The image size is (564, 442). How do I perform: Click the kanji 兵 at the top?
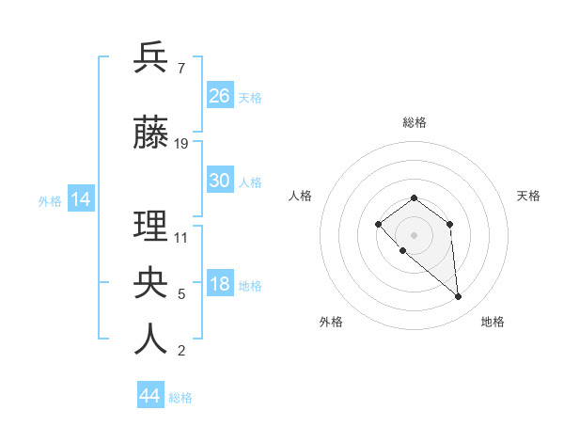(x=150, y=57)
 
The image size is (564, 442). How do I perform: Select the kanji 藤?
(x=150, y=134)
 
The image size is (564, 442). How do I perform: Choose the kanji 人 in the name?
(x=150, y=339)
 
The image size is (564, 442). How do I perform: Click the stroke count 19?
(x=181, y=144)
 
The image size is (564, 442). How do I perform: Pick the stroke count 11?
(x=181, y=237)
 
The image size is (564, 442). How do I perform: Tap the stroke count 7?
(x=180, y=69)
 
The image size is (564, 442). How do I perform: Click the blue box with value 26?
(x=220, y=95)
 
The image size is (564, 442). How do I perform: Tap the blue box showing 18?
(x=220, y=284)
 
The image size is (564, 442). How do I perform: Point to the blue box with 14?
(x=80, y=198)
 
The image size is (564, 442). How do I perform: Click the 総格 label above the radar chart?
(x=414, y=122)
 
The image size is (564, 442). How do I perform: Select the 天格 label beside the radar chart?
(x=529, y=196)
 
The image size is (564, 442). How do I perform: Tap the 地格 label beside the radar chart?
(x=493, y=322)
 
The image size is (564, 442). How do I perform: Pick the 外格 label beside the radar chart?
(x=331, y=322)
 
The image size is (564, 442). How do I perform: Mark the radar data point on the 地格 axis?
(x=459, y=297)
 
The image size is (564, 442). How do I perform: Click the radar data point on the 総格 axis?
(x=414, y=197)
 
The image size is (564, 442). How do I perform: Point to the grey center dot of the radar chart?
(x=414, y=234)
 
